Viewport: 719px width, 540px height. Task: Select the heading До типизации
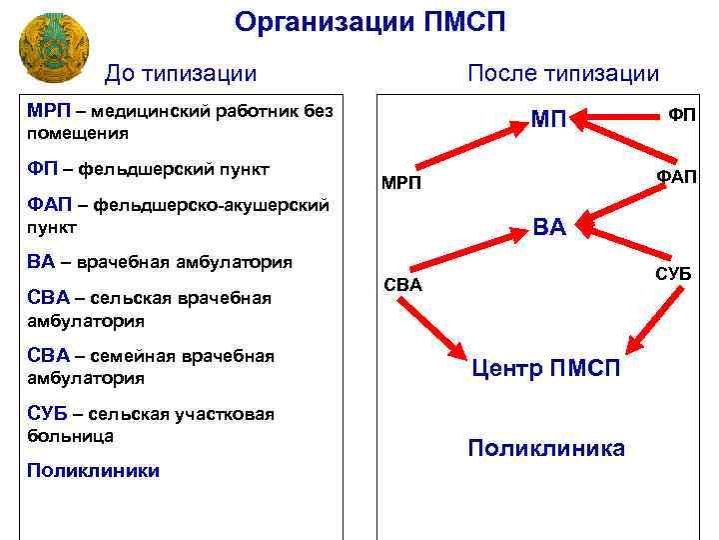[x=181, y=73]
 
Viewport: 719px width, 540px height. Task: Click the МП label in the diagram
[x=548, y=121]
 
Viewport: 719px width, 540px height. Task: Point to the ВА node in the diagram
[x=549, y=227]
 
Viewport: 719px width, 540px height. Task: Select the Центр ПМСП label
[x=546, y=370]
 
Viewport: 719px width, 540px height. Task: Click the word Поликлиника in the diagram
[x=546, y=448]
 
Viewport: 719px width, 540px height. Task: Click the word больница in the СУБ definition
[x=71, y=436]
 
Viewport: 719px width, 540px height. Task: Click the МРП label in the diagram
[x=401, y=185]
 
